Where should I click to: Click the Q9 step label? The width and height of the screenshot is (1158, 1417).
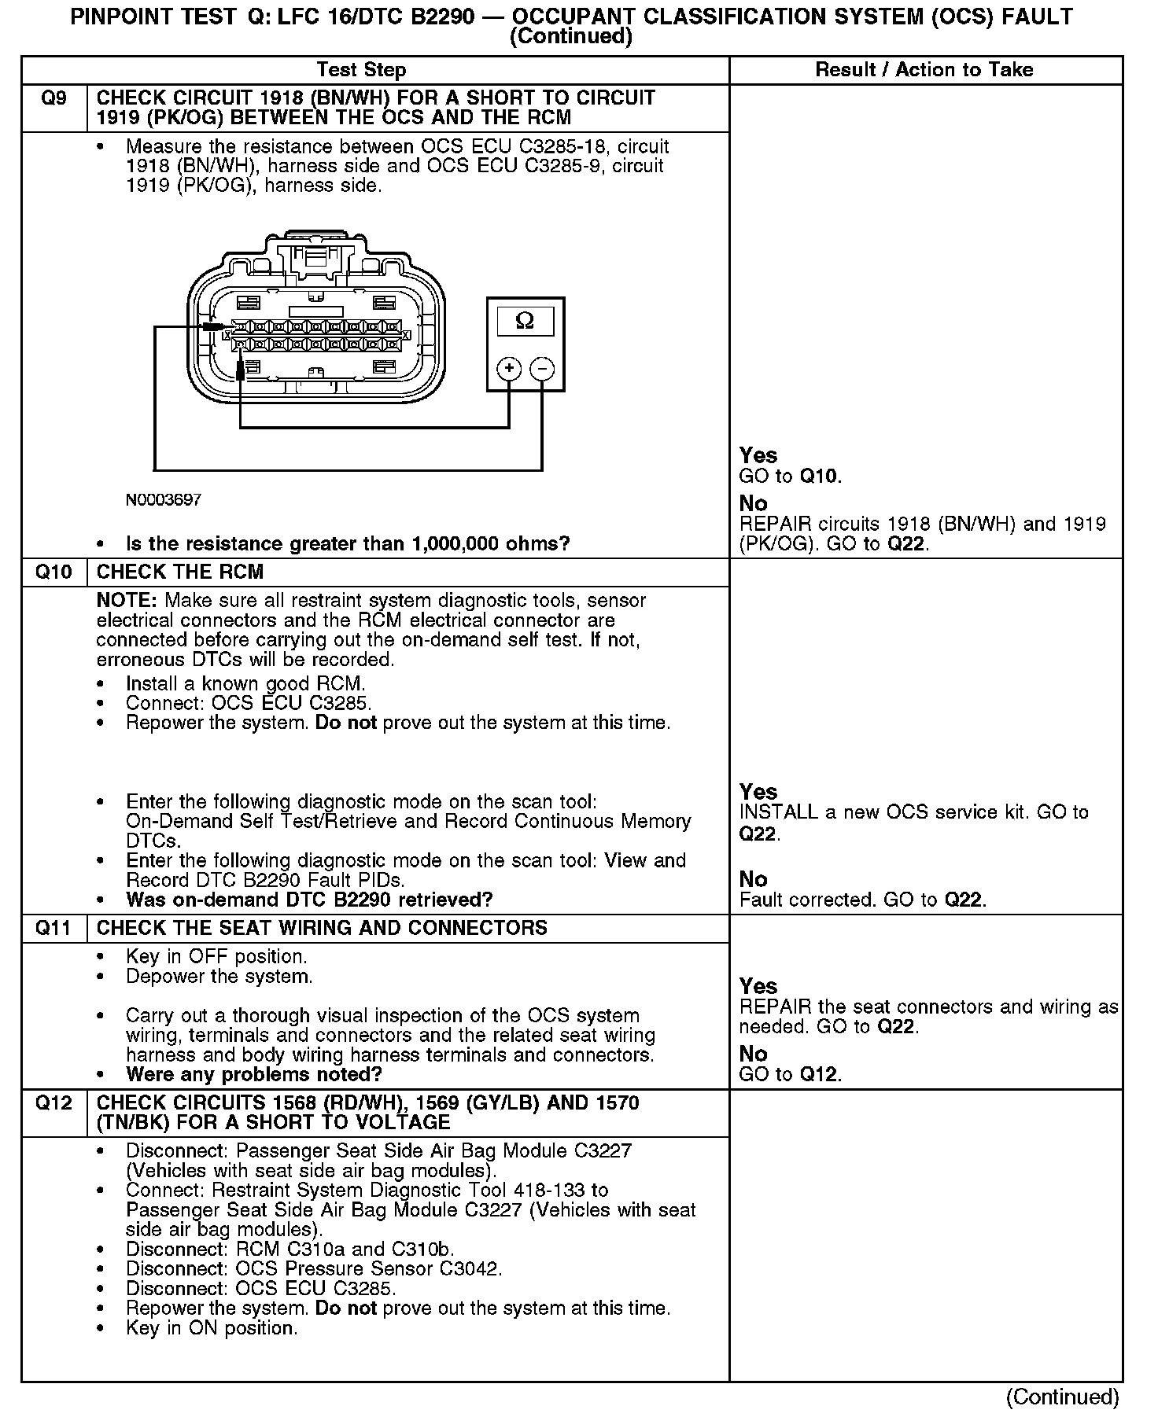[x=53, y=98]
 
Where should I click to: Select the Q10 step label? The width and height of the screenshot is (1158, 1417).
[x=53, y=572]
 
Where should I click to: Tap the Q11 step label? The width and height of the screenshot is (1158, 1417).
[x=53, y=928]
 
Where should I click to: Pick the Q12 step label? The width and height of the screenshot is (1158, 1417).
[x=53, y=1102]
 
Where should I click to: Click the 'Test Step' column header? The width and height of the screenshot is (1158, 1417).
[x=361, y=70]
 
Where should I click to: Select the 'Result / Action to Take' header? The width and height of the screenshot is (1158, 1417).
[x=924, y=70]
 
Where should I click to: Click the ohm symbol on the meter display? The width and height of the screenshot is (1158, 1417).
[x=525, y=320]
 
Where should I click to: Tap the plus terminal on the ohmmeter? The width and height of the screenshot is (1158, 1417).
[x=509, y=368]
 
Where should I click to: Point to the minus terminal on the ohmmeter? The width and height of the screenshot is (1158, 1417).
[x=542, y=368]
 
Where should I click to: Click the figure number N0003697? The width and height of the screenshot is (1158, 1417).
[x=163, y=500]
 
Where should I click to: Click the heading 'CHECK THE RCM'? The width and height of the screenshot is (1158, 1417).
[x=180, y=572]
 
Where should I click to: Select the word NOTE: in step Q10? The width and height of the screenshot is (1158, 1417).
[x=126, y=601]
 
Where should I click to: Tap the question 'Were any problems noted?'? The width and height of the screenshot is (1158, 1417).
[x=253, y=1074]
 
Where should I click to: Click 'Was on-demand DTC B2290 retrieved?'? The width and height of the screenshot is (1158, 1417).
[x=309, y=900]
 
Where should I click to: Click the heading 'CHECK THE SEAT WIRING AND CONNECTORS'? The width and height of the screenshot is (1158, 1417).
[x=322, y=928]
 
